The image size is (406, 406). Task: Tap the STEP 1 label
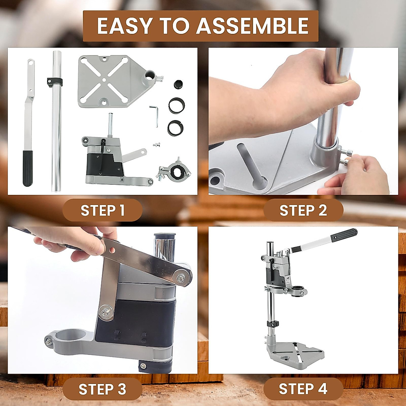click(103, 210)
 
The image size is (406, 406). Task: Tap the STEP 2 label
click(303, 210)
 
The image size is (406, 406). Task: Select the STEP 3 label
click(103, 389)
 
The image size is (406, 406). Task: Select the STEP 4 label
click(303, 389)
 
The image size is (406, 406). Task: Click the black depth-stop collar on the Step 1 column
click(55, 82)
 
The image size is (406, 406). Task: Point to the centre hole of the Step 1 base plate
click(104, 80)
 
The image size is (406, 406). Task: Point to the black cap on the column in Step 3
click(165, 235)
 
